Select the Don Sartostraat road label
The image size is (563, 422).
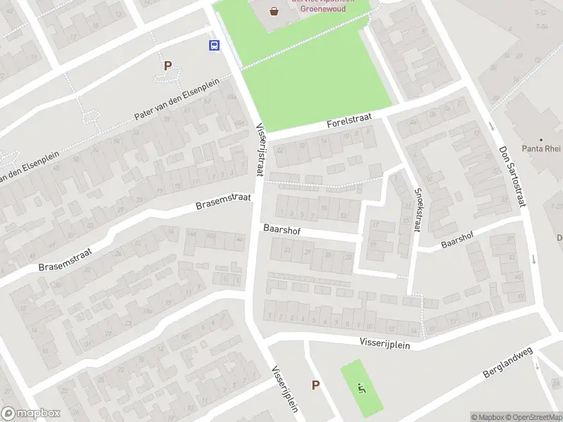511,177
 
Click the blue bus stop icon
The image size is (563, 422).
214,46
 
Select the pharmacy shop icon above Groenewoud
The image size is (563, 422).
274,10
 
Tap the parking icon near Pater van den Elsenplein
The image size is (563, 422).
167,66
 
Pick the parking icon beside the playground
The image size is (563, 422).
315,385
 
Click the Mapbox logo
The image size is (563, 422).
30,414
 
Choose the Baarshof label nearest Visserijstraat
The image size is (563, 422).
278,229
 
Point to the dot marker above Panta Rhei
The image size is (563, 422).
540,141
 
